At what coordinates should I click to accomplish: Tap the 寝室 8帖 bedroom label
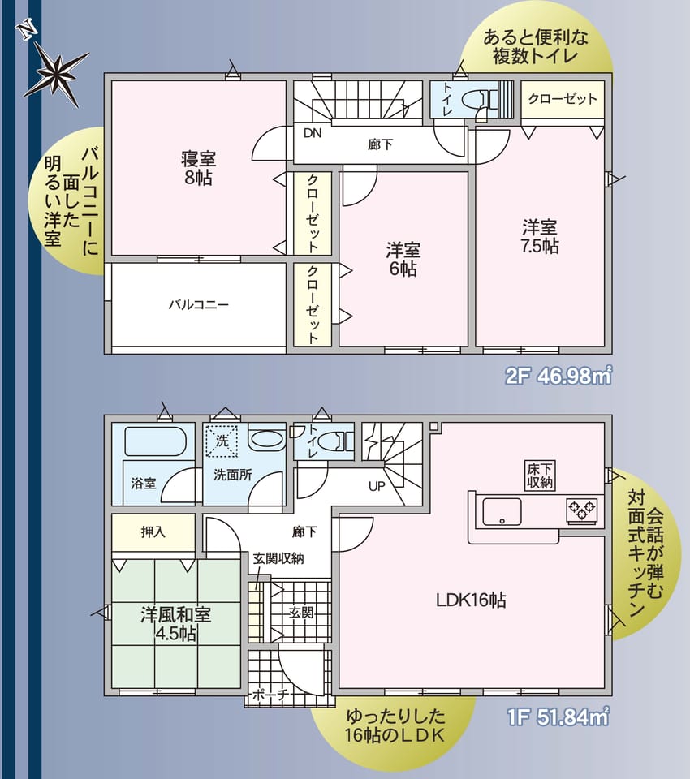pyautogui.click(x=198, y=169)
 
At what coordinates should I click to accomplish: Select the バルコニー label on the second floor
pyautogui.click(x=198, y=304)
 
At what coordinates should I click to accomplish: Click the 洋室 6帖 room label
pyautogui.click(x=403, y=259)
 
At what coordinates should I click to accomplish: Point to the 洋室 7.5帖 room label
pyautogui.click(x=540, y=236)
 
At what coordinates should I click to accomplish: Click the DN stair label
pyautogui.click(x=313, y=132)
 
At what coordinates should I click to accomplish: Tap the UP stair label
pyautogui.click(x=377, y=486)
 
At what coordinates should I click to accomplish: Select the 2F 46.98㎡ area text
pyautogui.click(x=558, y=376)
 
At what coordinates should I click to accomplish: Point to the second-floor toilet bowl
pyautogui.click(x=478, y=100)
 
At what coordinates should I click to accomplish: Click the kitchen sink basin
pyautogui.click(x=502, y=511)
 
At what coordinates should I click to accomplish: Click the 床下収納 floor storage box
pyautogui.click(x=540, y=476)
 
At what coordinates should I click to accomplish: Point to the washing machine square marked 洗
pyautogui.click(x=222, y=441)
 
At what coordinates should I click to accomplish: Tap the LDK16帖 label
pyautogui.click(x=471, y=600)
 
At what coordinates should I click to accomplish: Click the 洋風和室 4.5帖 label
pyautogui.click(x=175, y=624)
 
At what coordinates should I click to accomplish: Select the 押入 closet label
pyautogui.click(x=153, y=532)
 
